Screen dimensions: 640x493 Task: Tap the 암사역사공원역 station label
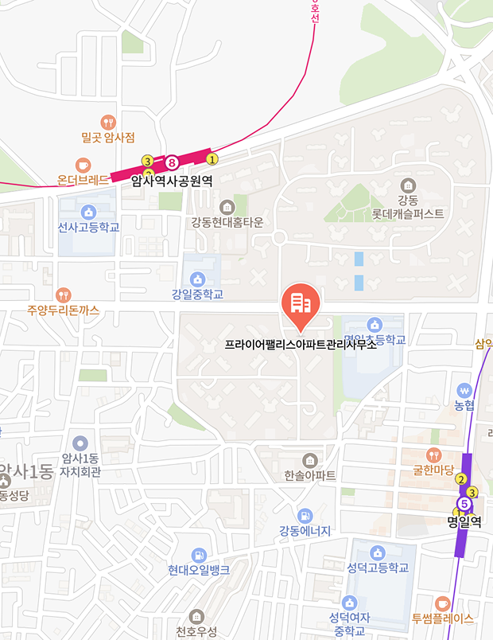coord(172,181)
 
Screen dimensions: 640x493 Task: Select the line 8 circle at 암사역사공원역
coord(171,164)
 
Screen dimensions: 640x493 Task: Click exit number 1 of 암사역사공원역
coord(212,158)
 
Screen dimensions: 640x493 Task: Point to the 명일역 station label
coord(465,523)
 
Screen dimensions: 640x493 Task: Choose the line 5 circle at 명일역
coord(464,503)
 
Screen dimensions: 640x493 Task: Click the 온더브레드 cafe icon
coord(83,165)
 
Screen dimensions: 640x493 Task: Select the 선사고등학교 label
coord(88,228)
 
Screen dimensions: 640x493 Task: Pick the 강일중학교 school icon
coord(197,279)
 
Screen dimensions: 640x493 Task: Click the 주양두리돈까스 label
coord(64,310)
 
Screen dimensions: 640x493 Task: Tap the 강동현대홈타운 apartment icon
coord(227,206)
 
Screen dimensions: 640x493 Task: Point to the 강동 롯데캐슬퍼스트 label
coord(410,207)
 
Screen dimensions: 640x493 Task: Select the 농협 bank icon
coord(465,390)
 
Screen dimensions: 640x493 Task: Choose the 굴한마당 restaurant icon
coord(433,455)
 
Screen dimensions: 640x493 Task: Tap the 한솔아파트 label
coord(309,475)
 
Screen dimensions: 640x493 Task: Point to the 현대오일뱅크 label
coord(199,570)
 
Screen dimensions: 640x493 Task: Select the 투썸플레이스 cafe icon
coord(443,603)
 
